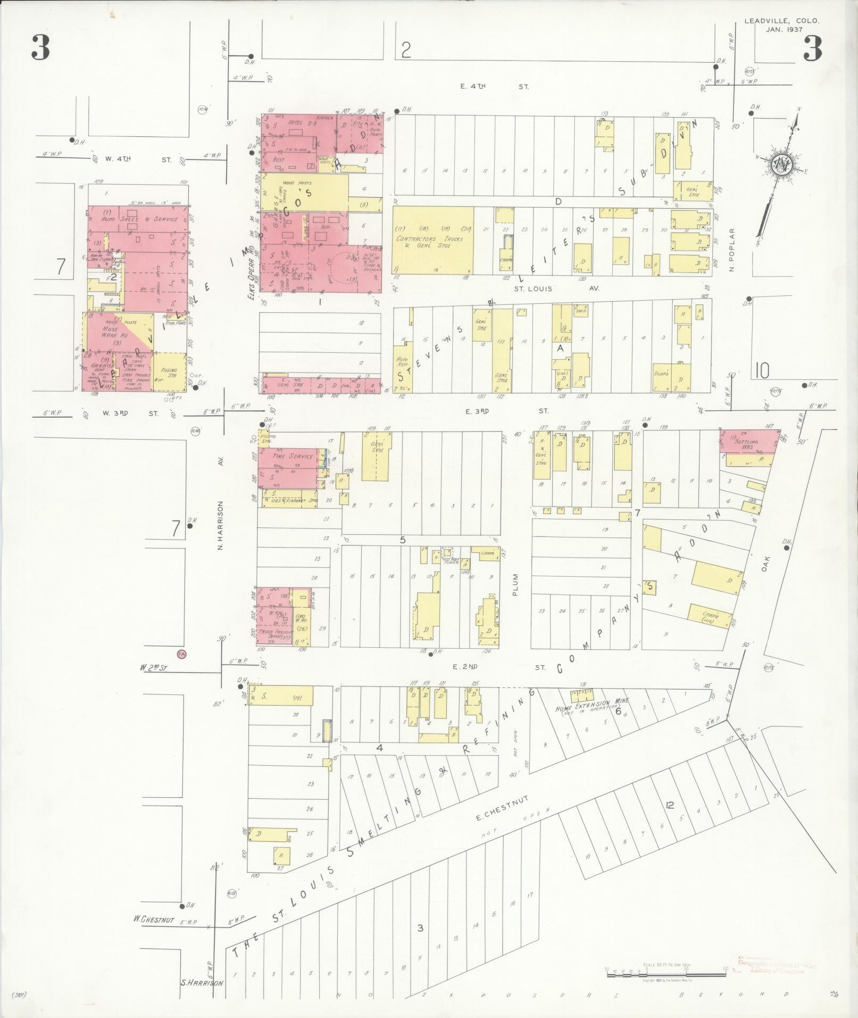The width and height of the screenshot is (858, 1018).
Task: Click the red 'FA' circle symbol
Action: [x=181, y=653]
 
